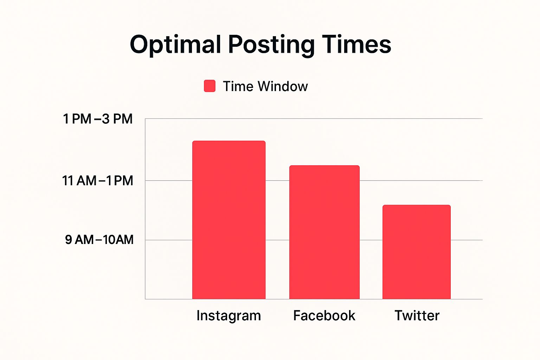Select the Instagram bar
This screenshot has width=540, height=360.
click(x=229, y=220)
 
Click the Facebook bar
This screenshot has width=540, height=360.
click(x=324, y=232)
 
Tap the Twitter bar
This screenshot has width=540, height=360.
click(x=417, y=252)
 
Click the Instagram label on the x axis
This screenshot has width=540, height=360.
click(x=229, y=316)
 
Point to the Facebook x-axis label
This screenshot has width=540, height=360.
click(x=324, y=315)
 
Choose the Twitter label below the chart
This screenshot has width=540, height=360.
click(x=417, y=315)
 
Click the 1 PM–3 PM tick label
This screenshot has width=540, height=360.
click(x=98, y=118)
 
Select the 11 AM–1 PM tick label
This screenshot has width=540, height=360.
click(x=98, y=181)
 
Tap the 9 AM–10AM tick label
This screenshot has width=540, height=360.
click(x=99, y=240)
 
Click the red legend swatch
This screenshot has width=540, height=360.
click(x=210, y=86)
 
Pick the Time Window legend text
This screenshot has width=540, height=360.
click(x=265, y=86)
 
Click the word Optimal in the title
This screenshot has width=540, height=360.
click(x=175, y=45)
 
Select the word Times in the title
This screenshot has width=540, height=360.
click(x=356, y=44)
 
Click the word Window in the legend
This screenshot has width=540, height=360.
click(x=283, y=86)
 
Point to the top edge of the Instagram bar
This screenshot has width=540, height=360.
click(x=229, y=141)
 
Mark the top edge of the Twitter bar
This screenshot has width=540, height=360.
click(x=417, y=205)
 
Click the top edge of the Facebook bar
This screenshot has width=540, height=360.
click(x=324, y=166)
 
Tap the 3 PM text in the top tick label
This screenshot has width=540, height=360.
click(x=117, y=118)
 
